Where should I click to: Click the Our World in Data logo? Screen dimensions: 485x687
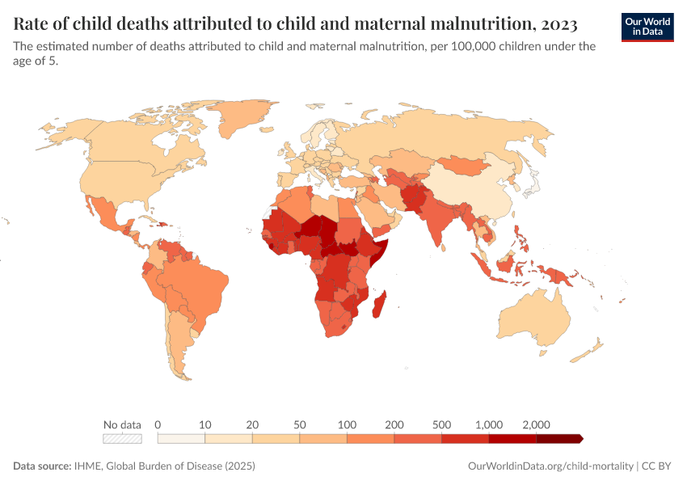point(647,26)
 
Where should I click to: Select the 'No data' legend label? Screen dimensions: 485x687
point(122,424)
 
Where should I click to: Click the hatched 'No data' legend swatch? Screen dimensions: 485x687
point(122,439)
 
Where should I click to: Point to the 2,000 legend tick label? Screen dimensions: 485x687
point(537,424)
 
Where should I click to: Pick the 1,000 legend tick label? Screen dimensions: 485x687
point(489,424)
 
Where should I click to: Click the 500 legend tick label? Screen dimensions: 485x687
point(442,424)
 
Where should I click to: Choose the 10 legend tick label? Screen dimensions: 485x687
point(205,424)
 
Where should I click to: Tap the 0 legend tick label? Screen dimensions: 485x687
point(158,424)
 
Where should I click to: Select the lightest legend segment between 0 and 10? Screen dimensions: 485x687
point(181,439)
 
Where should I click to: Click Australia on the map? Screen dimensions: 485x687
point(533,319)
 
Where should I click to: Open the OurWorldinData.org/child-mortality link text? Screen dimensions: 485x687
point(550,466)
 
